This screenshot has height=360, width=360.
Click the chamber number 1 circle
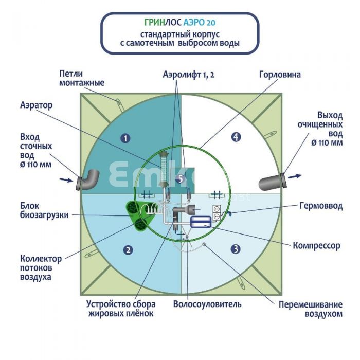point(124,137)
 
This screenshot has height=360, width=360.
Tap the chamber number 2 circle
point(128,250)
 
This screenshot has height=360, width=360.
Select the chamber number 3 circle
point(236,249)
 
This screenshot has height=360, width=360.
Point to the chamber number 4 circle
point(236,137)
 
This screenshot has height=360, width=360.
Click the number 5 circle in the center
point(180,178)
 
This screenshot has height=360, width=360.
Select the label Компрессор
point(316,246)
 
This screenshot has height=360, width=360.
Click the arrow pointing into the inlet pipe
point(65,180)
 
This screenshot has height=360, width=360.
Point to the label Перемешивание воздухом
point(310,308)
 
